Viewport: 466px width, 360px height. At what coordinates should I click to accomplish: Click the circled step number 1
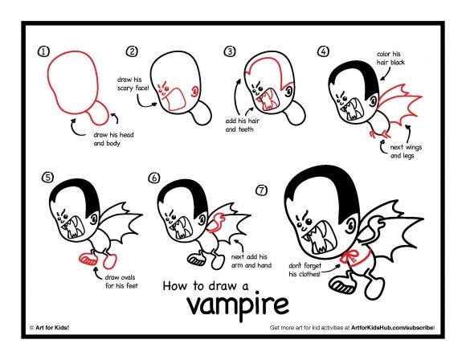coord(43,51)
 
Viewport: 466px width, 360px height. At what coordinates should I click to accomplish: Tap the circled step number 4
coord(323,51)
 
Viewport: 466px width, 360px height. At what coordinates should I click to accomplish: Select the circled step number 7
coord(260,191)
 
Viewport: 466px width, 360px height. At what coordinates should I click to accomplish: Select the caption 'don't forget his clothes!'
coord(305,269)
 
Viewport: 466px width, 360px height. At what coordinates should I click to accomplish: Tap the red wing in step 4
coord(394,108)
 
